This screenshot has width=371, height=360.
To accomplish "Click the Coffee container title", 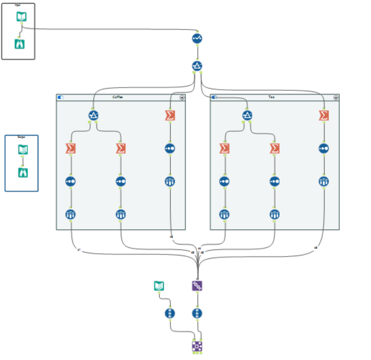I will pos(118,97).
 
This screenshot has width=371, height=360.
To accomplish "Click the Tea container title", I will pos(272,97).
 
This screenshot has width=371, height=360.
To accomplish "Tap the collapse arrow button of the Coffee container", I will pos(182,97).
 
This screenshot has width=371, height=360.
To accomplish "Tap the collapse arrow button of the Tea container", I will pos(337,97).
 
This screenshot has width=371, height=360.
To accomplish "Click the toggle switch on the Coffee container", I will pos(60,97).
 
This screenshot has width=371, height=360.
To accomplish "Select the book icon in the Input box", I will pos(20,18).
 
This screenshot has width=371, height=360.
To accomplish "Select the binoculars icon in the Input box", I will pos(20,43).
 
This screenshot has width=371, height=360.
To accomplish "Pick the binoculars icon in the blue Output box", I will pos(22,172).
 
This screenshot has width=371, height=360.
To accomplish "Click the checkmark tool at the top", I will pos(198,38).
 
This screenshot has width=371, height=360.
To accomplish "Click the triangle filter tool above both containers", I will pos(198,66).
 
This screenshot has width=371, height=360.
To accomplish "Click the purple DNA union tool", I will pos(198,286).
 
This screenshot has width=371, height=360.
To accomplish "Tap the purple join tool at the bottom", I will pos(198,345).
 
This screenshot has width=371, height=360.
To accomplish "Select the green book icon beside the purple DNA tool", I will pos(159,286).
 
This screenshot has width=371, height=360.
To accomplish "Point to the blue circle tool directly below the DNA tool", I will pos(198,313).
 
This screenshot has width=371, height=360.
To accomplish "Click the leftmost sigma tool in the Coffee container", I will pos(71,148).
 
